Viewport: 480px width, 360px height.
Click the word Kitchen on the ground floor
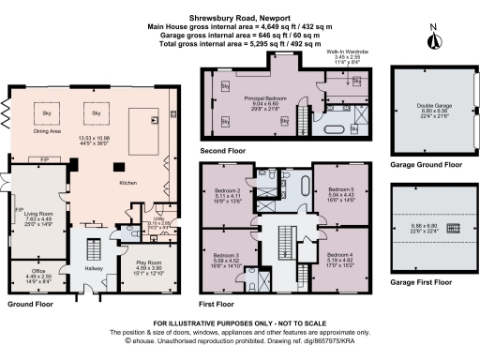(x=128, y=183)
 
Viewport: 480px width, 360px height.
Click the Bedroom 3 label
(x=225, y=255)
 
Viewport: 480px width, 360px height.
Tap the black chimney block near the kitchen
(x=118, y=167)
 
